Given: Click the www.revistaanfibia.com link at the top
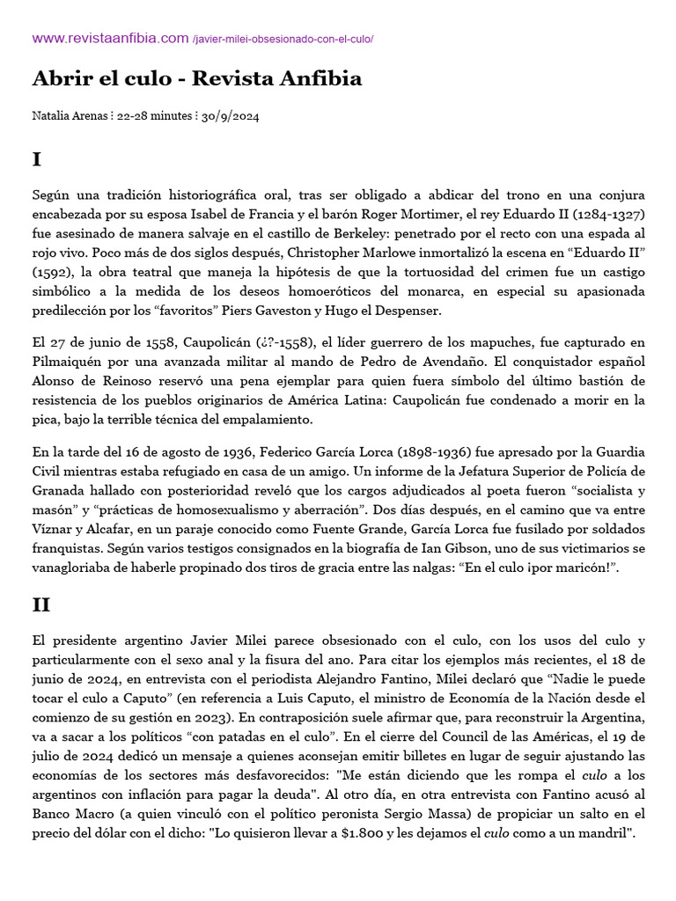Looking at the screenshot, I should pyautogui.click(x=110, y=38).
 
